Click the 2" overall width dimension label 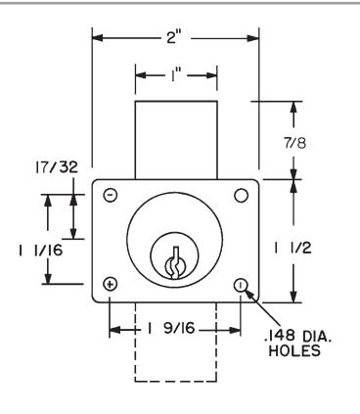[174, 38]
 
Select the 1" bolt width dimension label [175, 75]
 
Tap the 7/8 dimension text [295, 143]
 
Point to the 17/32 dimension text [57, 167]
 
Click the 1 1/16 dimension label [40, 251]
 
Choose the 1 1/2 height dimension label [293, 249]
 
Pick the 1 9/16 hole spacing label [171, 328]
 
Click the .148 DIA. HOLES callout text [297, 344]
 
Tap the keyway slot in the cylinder [174, 263]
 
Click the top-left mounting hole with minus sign [111, 195]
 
